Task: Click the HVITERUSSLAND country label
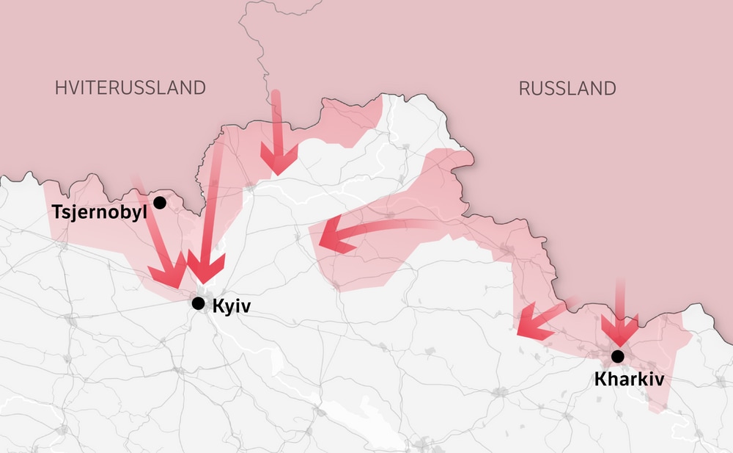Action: (130, 88)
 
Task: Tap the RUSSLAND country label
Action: (567, 89)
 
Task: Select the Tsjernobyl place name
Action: (100, 212)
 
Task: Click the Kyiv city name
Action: (231, 306)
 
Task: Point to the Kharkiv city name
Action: (629, 380)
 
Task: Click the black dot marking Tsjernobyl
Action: (160, 202)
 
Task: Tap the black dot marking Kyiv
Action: (198, 303)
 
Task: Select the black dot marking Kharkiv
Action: (618, 356)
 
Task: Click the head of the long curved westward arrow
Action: (330, 237)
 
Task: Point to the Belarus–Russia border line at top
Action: (262, 44)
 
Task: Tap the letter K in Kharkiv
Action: (600, 380)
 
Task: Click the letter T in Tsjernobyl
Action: (56, 212)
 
